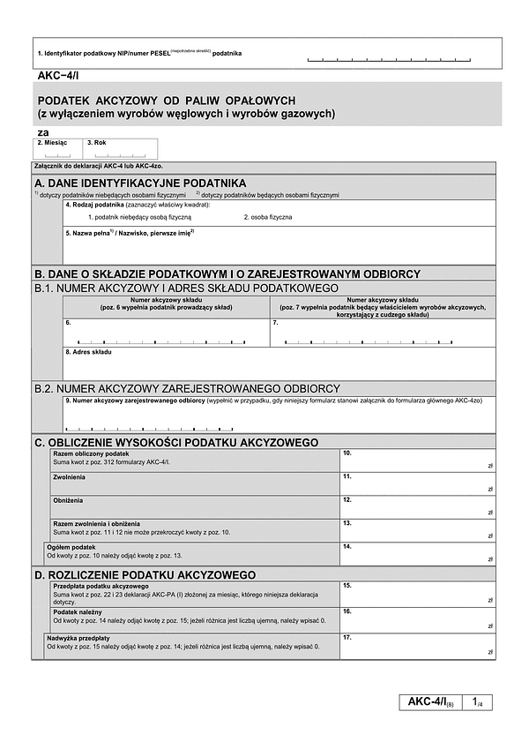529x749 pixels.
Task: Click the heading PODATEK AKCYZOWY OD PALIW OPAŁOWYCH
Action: point(167,101)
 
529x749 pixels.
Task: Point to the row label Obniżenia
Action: point(68,500)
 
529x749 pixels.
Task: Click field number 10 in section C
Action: point(417,460)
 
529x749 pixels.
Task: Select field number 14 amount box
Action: point(417,554)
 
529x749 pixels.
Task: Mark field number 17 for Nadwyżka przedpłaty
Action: point(417,647)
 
